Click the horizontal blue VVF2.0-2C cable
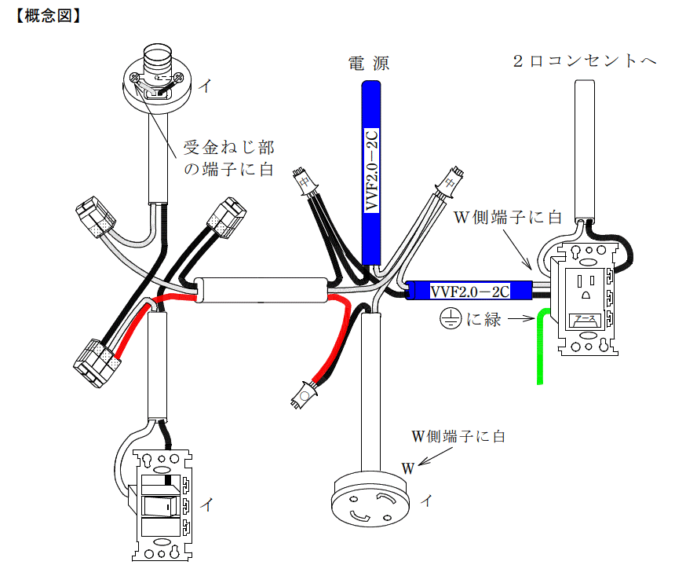(469, 292)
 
